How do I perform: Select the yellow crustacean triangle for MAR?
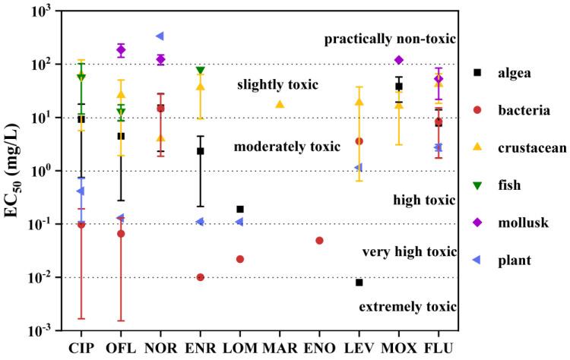pyautogui.click(x=280, y=104)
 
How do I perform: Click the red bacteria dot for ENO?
pyautogui.click(x=319, y=241)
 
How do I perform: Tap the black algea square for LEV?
pyautogui.click(x=359, y=283)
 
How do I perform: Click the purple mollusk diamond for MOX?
pyautogui.click(x=399, y=60)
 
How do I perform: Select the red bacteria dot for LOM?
pyautogui.click(x=240, y=259)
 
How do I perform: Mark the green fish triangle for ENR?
pyautogui.click(x=201, y=71)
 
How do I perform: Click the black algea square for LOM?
pyautogui.click(x=240, y=209)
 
